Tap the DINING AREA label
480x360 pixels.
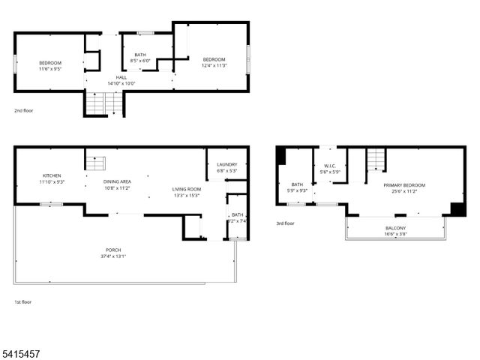click(118, 181)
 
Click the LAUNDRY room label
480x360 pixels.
click(226, 165)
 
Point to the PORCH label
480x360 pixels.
click(113, 250)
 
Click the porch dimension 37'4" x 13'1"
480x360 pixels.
click(113, 256)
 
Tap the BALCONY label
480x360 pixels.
click(396, 228)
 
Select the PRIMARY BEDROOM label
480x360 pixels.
click(404, 185)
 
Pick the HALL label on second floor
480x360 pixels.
click(121, 77)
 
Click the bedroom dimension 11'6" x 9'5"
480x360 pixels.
click(50, 68)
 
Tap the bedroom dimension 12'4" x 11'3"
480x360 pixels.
click(214, 65)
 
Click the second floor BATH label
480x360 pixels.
click(140, 54)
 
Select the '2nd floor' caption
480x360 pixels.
click(23, 110)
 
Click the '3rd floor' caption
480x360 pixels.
click(285, 223)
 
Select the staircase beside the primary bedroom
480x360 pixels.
click(376, 160)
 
